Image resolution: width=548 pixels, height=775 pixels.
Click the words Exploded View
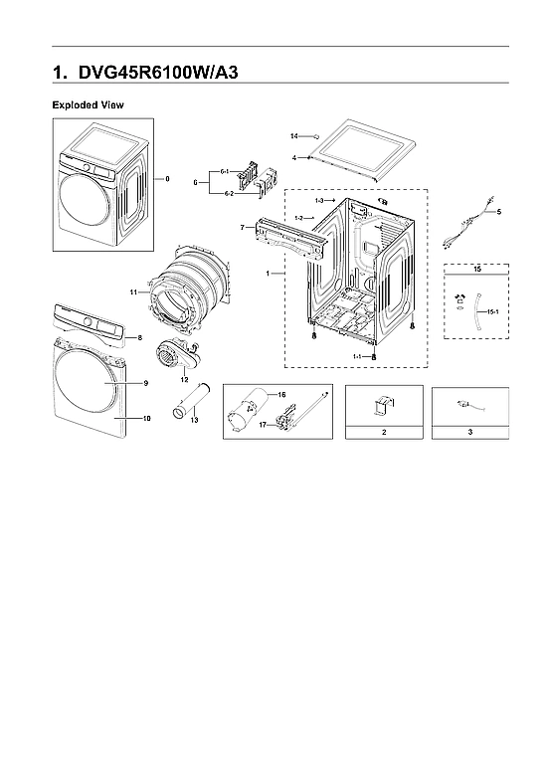[x=88, y=104]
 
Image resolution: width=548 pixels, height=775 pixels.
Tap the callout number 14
[x=294, y=135]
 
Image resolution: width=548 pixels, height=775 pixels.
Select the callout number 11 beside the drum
[x=132, y=291]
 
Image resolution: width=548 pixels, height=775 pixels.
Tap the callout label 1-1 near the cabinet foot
[x=356, y=355]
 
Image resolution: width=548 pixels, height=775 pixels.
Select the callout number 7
[x=242, y=228]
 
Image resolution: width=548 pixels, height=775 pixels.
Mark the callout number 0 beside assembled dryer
[x=167, y=179]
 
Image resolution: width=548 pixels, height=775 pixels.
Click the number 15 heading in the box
[x=476, y=270]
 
